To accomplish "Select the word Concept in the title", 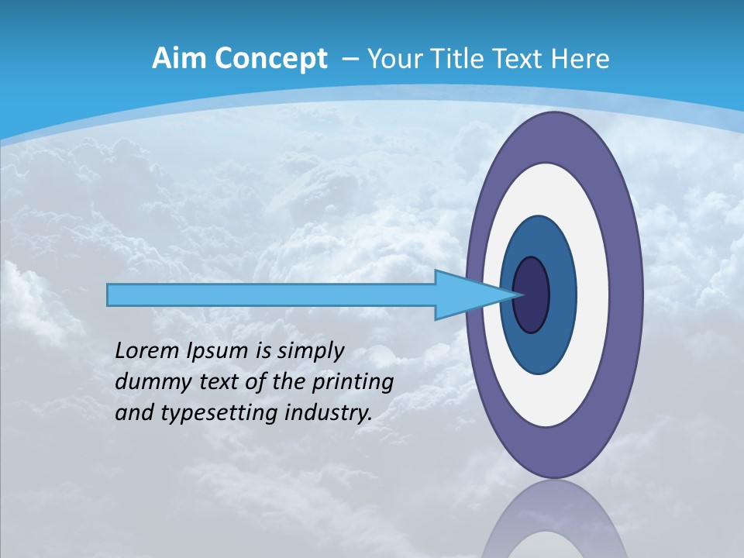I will [272, 59].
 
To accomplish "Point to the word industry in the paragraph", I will [329, 414].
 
